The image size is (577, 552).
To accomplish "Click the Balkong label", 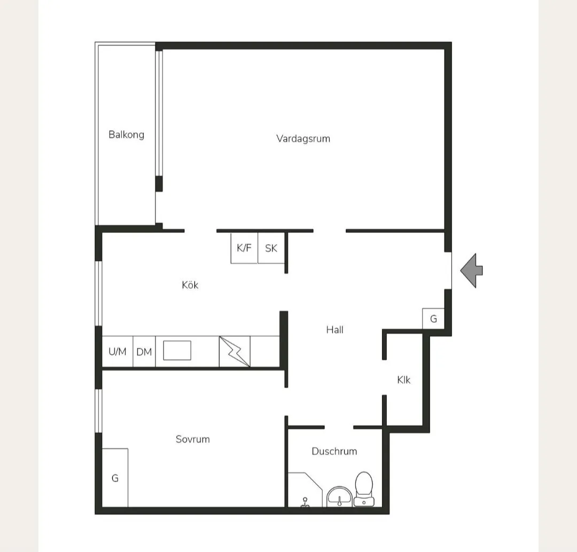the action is coord(126,135).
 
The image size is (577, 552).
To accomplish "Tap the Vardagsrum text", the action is coord(303,139).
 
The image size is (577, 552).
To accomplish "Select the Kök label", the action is coord(190,285).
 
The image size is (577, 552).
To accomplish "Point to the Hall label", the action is coord(335,330).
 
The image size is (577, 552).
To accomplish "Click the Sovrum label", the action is coord(193,439).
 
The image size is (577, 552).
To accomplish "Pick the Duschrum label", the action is coord(334,451).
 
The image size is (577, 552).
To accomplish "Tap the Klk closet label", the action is coord(404,380).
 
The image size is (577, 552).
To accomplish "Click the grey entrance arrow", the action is coord(471,270).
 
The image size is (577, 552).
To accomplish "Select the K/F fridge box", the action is coord(244,248).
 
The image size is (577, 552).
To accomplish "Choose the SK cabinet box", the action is coord(271,248).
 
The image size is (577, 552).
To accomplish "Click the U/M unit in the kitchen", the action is coord(118,352).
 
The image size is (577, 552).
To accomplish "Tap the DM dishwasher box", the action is coord(144,352).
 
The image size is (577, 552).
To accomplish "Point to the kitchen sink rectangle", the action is coord(177,351).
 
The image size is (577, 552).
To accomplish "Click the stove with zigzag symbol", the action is coord(235,352).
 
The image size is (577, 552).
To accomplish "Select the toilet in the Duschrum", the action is coord(364,489).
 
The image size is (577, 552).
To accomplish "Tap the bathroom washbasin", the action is coord(340,496).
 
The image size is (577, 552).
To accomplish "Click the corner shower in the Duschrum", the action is coord(305,490).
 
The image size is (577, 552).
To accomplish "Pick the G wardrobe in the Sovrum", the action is coord(115,478).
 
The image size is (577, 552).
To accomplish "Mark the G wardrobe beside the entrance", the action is coord(433,318).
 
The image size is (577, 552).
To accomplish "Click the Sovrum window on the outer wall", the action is coord(98,411).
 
